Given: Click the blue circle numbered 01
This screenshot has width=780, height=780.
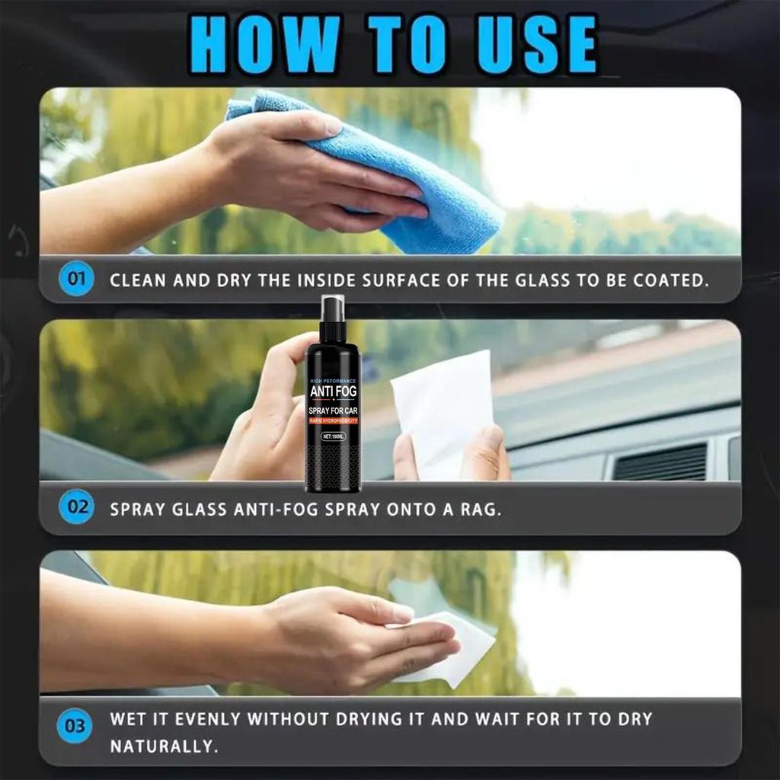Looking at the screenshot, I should pyautogui.click(x=75, y=280).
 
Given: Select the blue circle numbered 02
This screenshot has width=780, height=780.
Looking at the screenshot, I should pyautogui.click(x=75, y=507).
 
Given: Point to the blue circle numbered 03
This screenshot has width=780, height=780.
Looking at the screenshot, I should pyautogui.click(x=75, y=726).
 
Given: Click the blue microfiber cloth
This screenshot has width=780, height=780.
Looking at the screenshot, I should pyautogui.click(x=396, y=175).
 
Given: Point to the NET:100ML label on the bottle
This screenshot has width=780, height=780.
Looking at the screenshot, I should pyautogui.click(x=333, y=436).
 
